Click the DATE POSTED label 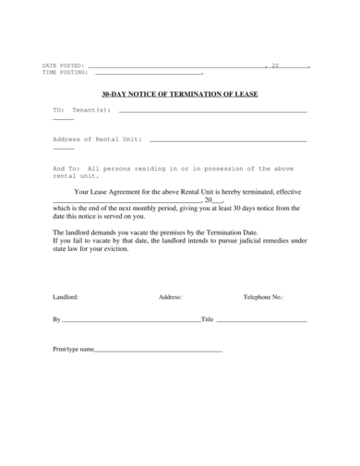(x=63, y=66)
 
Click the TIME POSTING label (x=65, y=73)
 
